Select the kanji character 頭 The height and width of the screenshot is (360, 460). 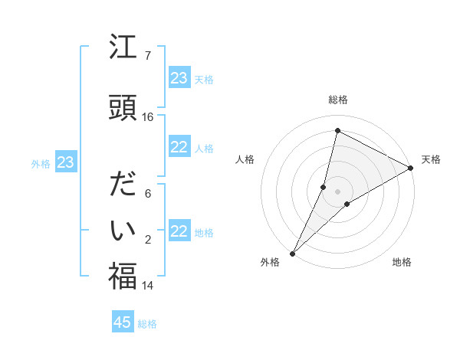(x=123, y=106)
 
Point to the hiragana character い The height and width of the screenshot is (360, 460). (x=123, y=229)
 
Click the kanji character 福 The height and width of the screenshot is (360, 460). (x=123, y=275)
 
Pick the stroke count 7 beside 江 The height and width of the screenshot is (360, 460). (x=148, y=55)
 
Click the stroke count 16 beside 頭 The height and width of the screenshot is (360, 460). (x=148, y=116)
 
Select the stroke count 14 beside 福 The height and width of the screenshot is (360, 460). (x=148, y=286)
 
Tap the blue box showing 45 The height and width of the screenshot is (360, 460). (x=123, y=322)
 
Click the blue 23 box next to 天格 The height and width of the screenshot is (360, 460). (x=179, y=77)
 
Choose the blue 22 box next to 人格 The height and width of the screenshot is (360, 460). (x=179, y=147)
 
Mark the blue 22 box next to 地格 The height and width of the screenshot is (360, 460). (x=179, y=231)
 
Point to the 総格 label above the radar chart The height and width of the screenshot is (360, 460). (x=338, y=100)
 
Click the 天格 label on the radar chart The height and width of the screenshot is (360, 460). (x=431, y=159)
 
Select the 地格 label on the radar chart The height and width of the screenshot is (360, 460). (x=402, y=262)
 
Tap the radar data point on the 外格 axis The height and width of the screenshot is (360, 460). (x=292, y=253)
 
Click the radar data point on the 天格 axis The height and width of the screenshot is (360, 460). (x=411, y=168)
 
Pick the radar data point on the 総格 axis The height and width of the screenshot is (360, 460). (x=337, y=130)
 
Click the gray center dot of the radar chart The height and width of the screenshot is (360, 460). (x=337, y=191)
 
